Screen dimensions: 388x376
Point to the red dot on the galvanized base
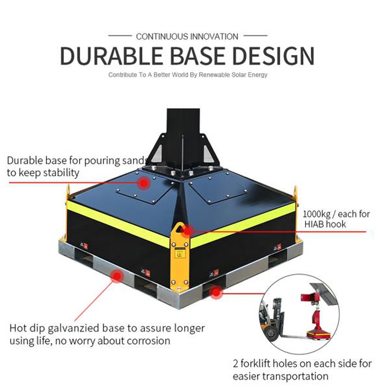(114, 277)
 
